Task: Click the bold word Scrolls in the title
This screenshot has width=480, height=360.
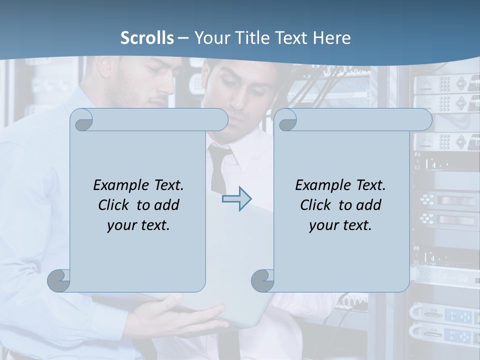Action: [147, 38]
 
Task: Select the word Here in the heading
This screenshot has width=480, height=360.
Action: [331, 38]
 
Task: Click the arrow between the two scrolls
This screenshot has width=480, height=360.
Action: [236, 199]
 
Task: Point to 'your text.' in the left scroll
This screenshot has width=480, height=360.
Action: [138, 225]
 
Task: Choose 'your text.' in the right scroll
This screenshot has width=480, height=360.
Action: [340, 225]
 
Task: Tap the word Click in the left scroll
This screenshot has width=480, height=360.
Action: [116, 205]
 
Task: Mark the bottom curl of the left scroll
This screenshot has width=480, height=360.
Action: [59, 280]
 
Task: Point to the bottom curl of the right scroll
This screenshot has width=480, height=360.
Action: [262, 280]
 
